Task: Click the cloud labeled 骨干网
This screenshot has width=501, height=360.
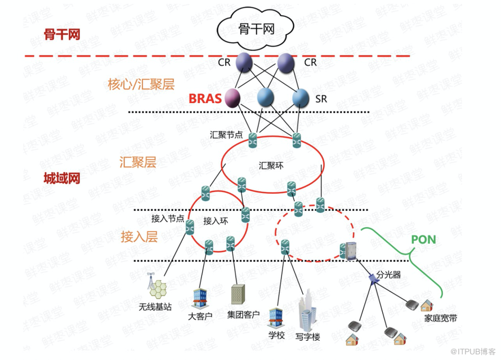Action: (x=256, y=28)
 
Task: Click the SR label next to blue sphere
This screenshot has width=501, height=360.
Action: (x=321, y=99)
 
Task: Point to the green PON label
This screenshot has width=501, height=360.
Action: (x=423, y=238)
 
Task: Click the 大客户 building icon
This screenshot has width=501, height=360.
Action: (x=200, y=297)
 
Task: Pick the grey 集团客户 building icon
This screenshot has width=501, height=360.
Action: (x=237, y=294)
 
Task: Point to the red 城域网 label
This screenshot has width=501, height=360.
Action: (x=61, y=179)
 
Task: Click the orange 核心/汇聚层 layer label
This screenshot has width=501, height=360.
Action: (x=141, y=85)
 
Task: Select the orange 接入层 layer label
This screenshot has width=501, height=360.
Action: (x=139, y=237)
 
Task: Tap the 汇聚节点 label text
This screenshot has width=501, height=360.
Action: (x=227, y=135)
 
